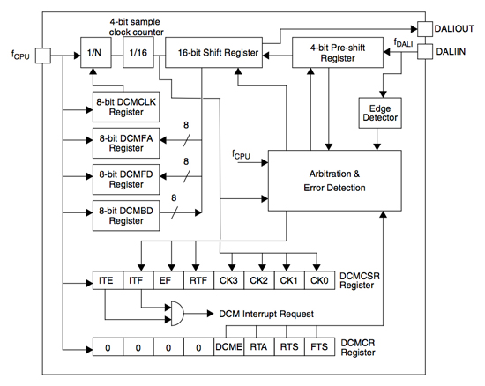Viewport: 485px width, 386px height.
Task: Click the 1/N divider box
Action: (95, 54)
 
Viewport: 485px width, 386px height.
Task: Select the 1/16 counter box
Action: (138, 54)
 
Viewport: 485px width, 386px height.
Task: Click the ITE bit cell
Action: (107, 281)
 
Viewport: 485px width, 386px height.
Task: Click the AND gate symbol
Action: (178, 313)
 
